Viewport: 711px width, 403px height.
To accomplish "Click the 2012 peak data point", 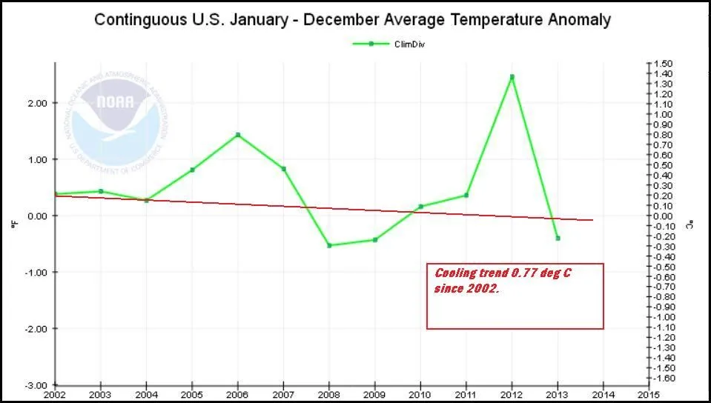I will click(x=512, y=77).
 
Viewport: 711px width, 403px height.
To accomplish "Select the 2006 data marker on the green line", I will click(x=238, y=135).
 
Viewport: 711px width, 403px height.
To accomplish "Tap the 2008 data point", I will click(x=329, y=245).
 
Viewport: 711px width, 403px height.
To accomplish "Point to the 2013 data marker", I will click(x=558, y=239).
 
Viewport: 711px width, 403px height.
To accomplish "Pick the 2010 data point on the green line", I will click(x=420, y=207).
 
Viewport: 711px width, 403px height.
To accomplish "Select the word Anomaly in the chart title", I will click(x=575, y=20).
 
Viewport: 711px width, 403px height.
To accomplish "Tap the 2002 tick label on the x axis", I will click(x=54, y=394).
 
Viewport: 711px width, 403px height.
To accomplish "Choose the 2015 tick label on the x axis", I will click(x=649, y=394).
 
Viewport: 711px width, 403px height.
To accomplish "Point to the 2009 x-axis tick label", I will click(x=374, y=394).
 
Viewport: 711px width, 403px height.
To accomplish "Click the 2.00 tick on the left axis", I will click(x=36, y=103).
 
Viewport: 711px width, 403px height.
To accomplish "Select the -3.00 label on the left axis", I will click(x=36, y=385).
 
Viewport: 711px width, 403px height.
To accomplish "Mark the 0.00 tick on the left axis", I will click(x=36, y=216).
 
